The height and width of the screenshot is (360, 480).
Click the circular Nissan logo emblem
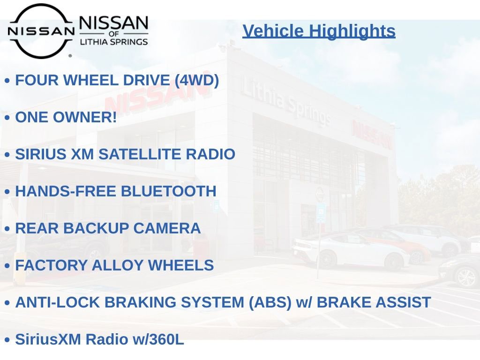point(41,31)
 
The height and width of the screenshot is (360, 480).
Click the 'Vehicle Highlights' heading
point(319,31)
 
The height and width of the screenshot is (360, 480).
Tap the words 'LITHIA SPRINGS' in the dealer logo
point(114,42)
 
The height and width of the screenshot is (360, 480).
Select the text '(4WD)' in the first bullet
point(197,80)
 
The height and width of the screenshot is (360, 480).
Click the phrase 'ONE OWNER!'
point(66,117)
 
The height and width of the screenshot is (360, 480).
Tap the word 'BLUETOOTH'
point(168,191)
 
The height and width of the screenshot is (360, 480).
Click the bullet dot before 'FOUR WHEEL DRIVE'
point(7,81)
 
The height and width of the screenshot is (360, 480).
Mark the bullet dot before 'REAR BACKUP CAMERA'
point(7,229)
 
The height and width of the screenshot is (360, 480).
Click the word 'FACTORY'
point(52,265)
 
